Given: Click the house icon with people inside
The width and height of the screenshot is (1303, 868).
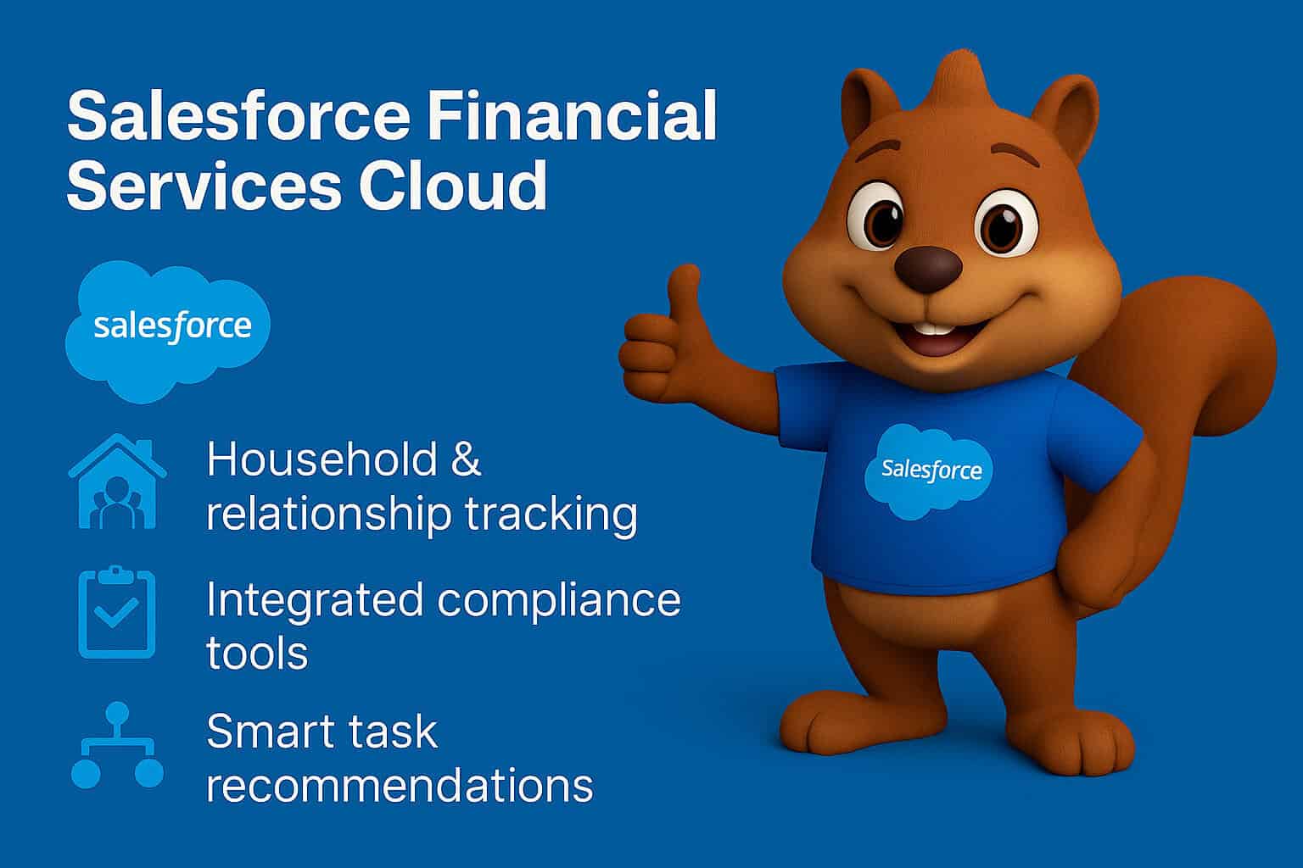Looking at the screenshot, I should (116, 483).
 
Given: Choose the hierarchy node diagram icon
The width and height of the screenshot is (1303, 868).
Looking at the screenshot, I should (116, 746).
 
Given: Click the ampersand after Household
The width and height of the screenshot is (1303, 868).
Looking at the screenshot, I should (465, 459).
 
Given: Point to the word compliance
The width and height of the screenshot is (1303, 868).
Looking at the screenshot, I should (559, 600).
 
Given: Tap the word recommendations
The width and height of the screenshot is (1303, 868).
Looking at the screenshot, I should (400, 785).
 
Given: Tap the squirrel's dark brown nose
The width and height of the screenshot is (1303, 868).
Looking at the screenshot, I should (928, 269).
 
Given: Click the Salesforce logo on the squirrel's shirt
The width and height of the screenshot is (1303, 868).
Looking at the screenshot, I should (931, 470).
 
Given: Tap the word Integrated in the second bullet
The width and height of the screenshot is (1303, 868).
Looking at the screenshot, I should (314, 600).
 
